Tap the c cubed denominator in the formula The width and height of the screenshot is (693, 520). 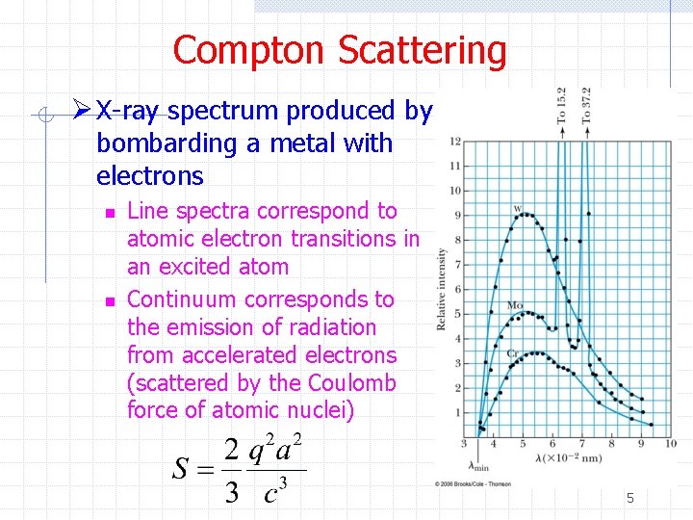(276, 491)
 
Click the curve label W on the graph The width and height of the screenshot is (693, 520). (518, 209)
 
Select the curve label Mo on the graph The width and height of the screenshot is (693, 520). (515, 305)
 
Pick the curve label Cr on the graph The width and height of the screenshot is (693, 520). (514, 354)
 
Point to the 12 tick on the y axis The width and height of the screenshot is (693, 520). (455, 142)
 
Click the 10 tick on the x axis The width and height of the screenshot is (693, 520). (671, 444)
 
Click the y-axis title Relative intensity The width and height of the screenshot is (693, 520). (442, 289)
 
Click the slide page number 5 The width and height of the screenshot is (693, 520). (630, 498)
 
